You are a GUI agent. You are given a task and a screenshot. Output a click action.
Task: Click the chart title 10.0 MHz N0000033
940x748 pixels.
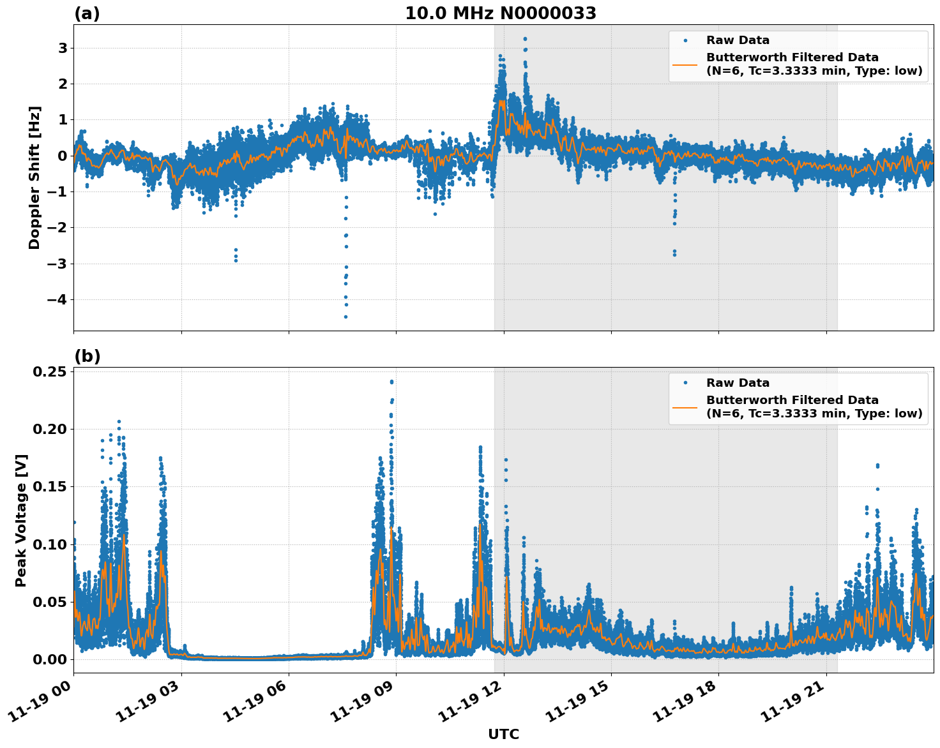coord(501,13)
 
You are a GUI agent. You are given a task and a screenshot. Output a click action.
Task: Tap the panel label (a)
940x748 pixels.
coord(87,13)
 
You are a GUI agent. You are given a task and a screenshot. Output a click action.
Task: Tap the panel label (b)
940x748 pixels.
coord(87,356)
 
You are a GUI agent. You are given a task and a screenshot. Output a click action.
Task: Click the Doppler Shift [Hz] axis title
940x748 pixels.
coord(34,177)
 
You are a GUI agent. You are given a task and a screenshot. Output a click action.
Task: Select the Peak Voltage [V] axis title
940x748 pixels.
coord(21,520)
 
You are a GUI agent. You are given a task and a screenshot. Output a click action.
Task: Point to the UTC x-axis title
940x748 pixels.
coord(503,734)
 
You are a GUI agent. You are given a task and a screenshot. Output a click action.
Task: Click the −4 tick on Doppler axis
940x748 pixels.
coord(57,299)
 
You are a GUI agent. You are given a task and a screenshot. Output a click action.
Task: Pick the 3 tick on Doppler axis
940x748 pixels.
coord(63,48)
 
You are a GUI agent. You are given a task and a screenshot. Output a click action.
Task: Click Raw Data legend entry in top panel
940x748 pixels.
coord(738,40)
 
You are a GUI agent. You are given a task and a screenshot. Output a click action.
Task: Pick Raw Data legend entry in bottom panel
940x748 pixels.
coord(738,383)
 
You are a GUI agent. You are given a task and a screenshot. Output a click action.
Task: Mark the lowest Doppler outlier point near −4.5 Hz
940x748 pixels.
coord(345,317)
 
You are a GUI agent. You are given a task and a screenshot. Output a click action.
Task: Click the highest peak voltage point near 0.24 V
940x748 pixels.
coord(391,382)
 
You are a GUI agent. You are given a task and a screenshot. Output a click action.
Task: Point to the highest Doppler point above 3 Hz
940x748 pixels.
coord(525,39)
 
